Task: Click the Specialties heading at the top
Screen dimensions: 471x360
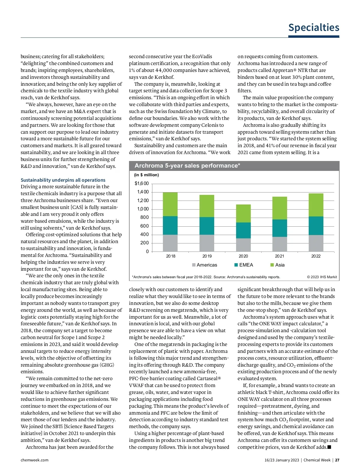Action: [x=313, y=28]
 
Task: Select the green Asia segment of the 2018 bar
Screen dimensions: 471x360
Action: [x=170, y=204]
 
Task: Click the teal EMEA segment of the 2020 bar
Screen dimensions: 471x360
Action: [x=243, y=230]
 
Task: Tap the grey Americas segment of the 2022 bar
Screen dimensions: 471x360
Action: [x=316, y=243]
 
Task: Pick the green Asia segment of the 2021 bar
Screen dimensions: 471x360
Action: [x=280, y=208]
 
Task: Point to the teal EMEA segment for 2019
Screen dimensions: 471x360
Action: [x=207, y=226]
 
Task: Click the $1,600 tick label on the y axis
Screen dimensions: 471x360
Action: [x=142, y=183]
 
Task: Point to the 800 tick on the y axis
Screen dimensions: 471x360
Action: [x=144, y=217]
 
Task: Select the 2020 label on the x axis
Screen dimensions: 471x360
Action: [x=243, y=256]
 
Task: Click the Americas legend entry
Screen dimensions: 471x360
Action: [x=205, y=265]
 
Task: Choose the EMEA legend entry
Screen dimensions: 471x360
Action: [x=244, y=265]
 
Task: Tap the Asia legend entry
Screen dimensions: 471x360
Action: [x=277, y=265]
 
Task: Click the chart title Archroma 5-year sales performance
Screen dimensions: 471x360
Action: [x=187, y=166]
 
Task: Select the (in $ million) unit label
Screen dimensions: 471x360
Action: [x=146, y=175]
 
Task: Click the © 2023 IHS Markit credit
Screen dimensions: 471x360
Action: [x=322, y=277]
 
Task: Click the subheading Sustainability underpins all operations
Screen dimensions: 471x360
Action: [x=63, y=180]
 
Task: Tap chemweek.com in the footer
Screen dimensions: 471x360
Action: [x=34, y=460]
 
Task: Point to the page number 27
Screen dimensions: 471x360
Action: [x=337, y=460]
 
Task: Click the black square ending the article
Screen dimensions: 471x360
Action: [x=329, y=447]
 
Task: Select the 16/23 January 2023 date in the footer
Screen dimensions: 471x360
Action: [x=282, y=460]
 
